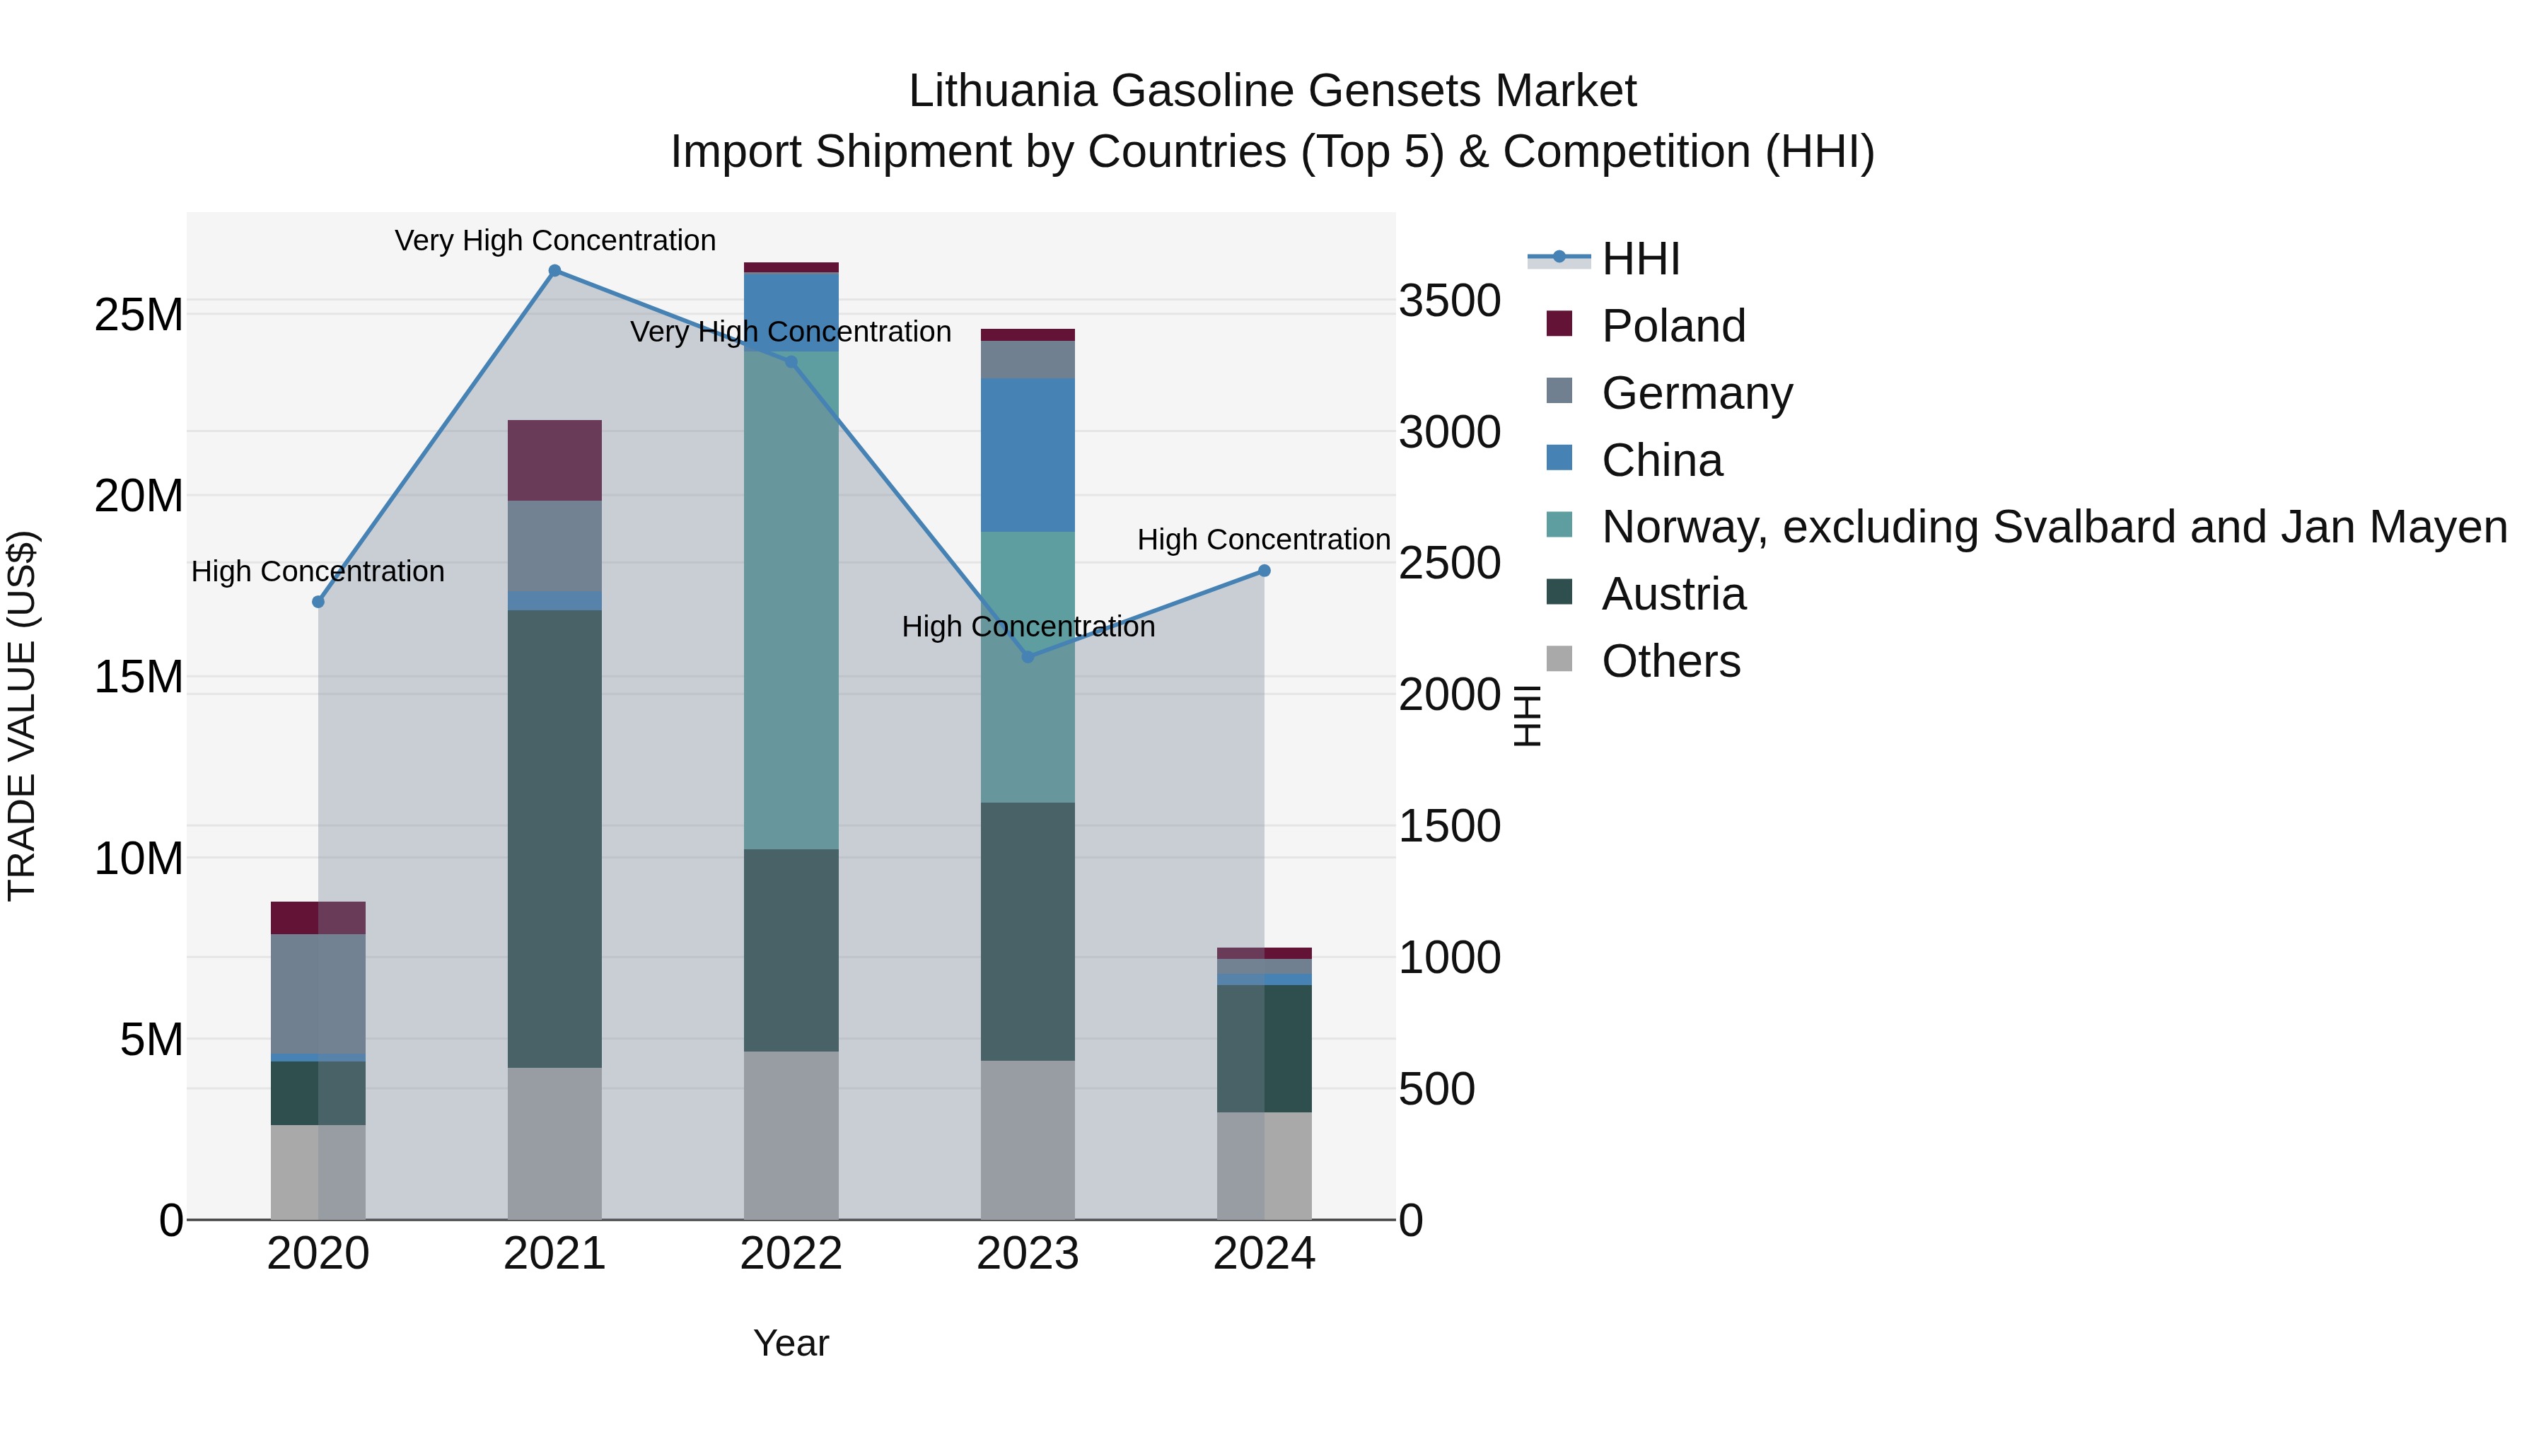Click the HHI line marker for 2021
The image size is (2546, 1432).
click(x=554, y=271)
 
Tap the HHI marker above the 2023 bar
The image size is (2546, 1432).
click(x=1027, y=657)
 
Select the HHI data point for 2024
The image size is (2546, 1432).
click(x=1263, y=570)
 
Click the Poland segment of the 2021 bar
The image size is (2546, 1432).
click(x=554, y=460)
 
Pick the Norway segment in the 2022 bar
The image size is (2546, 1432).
click(x=791, y=600)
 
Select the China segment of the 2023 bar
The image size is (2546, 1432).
click(x=1027, y=455)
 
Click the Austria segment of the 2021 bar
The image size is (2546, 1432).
click(x=554, y=838)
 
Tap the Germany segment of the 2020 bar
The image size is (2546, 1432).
click(x=318, y=994)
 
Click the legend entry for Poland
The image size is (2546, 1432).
click(x=1673, y=326)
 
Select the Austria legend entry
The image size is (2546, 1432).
click(x=1673, y=594)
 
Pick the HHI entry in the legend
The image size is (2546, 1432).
click(x=1641, y=259)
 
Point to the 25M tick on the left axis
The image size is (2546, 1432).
click(x=139, y=315)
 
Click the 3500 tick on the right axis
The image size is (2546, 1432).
click(x=1449, y=301)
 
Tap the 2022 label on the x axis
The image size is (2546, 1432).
click(x=791, y=1254)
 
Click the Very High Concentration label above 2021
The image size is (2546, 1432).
click(x=554, y=240)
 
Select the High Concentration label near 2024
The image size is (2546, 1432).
click(x=1263, y=540)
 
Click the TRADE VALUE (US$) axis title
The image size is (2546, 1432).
click(x=22, y=716)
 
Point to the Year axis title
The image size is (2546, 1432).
click(x=791, y=1343)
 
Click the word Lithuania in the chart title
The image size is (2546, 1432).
click(x=1002, y=91)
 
